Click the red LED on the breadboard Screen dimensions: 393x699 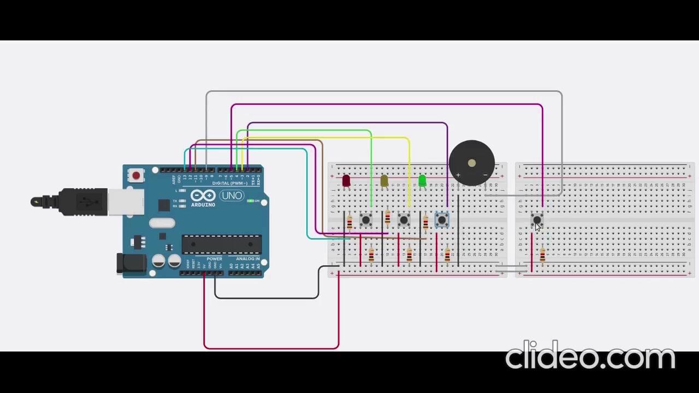click(346, 181)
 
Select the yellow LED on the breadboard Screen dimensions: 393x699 click(384, 181)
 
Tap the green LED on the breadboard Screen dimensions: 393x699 click(422, 180)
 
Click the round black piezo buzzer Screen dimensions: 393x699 click(472, 162)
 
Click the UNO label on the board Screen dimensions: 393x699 click(232, 195)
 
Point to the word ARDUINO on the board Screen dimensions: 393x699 click(203, 205)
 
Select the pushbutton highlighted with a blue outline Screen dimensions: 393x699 click(442, 220)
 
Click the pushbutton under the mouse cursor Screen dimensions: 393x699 click(536, 219)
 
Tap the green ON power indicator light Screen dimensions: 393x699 click(250, 201)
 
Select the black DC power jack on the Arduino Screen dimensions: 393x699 click(131, 264)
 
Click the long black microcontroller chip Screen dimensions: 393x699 click(221, 244)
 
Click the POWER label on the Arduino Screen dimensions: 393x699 click(214, 259)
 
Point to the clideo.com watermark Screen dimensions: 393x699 click(590, 356)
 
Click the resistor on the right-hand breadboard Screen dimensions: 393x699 click(542, 254)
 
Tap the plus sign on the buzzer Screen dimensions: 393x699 click(458, 175)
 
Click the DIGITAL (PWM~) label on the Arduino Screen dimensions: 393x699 click(230, 183)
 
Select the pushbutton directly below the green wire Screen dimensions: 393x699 click(366, 220)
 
